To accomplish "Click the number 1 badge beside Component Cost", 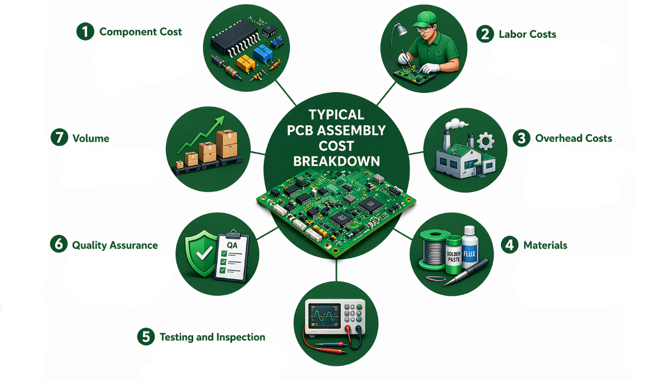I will (85, 31).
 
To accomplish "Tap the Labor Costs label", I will (527, 34).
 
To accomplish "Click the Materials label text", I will (545, 245).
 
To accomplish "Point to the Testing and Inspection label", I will (212, 337).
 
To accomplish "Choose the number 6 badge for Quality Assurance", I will (58, 245).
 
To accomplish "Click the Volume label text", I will (91, 138).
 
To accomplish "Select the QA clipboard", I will (231, 255).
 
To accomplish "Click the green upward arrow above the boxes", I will (203, 132).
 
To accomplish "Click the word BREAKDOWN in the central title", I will (336, 161).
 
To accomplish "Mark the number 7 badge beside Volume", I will (58, 138).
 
